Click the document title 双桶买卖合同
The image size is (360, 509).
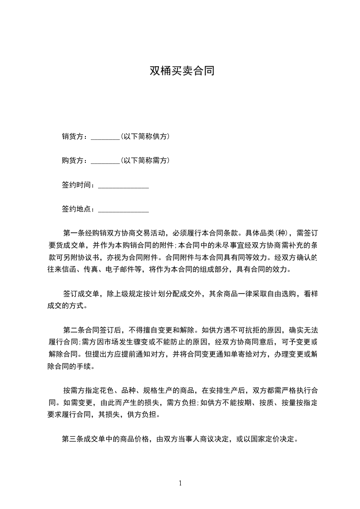click(x=182, y=71)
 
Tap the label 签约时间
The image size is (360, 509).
click(x=76, y=186)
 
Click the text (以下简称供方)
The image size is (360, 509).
click(x=145, y=137)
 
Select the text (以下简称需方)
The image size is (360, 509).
click(x=145, y=161)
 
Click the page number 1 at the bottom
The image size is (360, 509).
click(x=180, y=483)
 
